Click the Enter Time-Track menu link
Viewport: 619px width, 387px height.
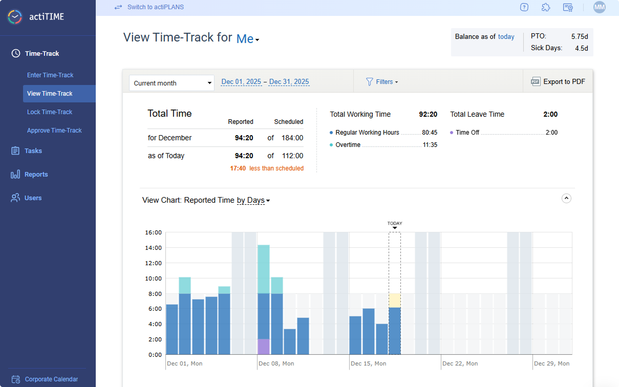click(50, 75)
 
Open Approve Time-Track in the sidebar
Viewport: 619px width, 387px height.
click(54, 131)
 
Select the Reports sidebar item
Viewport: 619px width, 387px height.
click(36, 175)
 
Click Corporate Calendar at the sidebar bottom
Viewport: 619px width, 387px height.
click(51, 379)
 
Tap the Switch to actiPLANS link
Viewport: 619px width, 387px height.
click(155, 7)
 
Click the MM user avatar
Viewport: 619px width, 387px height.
click(599, 7)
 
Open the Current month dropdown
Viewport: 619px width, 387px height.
click(172, 83)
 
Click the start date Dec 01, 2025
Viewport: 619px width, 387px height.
click(241, 82)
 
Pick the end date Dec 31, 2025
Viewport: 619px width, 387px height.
click(289, 82)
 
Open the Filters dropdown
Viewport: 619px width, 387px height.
click(382, 82)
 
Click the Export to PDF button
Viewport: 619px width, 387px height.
click(558, 82)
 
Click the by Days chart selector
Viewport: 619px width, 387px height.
click(253, 200)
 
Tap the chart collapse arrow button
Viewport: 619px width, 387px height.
click(566, 198)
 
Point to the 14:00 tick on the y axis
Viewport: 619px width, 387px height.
click(154, 248)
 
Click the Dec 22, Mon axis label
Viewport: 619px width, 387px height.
click(460, 363)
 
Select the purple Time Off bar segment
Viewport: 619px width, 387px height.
click(264, 347)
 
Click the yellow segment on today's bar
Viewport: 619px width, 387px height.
click(395, 300)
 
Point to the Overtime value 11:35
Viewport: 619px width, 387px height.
click(430, 145)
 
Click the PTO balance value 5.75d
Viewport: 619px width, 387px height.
click(580, 36)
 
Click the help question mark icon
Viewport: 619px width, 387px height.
click(524, 7)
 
